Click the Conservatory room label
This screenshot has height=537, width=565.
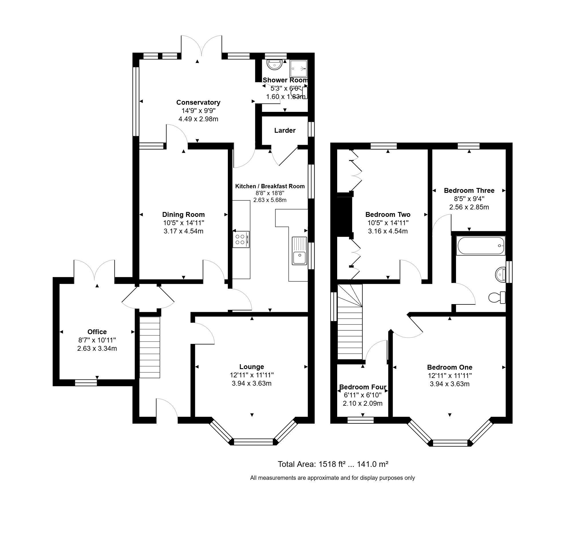point(198,102)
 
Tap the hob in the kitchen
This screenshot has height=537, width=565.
point(241,239)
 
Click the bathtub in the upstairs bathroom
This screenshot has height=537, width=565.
point(481,246)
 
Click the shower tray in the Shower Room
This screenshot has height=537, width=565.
point(299,69)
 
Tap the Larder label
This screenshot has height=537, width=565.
point(285,130)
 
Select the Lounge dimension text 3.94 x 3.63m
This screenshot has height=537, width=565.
point(251,383)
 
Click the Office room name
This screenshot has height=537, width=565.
point(97,332)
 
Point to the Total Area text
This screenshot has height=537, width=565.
point(333,464)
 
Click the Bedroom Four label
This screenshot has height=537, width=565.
point(363,387)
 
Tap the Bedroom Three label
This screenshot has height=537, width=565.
point(469,191)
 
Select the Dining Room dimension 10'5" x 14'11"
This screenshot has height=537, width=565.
point(183,223)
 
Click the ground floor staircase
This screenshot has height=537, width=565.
point(149,347)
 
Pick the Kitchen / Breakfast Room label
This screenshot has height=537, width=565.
point(270,186)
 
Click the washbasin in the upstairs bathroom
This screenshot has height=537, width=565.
point(500,275)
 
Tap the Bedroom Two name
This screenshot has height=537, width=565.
point(388,215)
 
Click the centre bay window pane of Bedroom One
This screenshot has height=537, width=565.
point(450,443)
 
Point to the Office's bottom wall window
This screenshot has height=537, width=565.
point(86,383)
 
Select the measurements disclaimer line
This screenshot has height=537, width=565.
point(333,478)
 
